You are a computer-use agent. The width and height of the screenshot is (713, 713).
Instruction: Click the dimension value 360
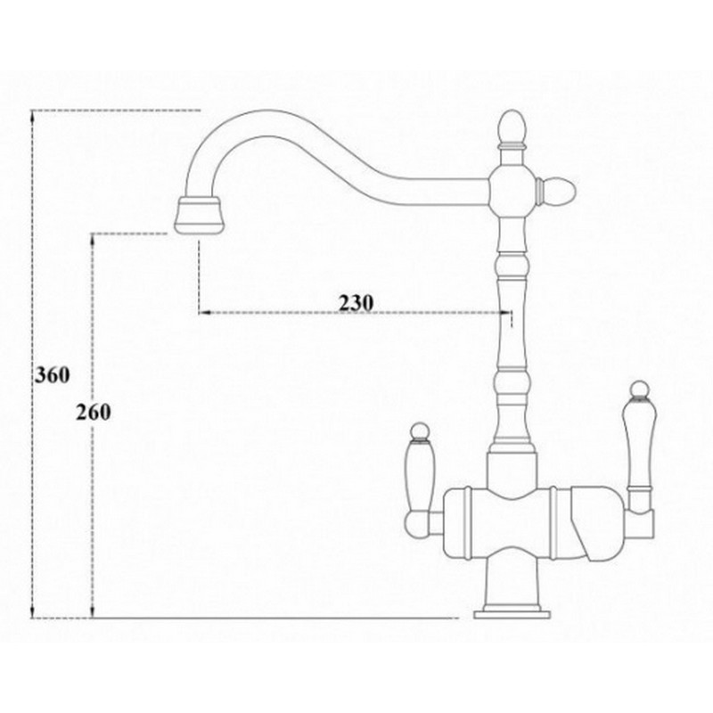click(x=53, y=375)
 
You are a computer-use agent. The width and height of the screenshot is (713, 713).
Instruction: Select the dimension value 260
click(x=94, y=413)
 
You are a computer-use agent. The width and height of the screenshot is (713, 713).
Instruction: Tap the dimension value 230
click(x=356, y=302)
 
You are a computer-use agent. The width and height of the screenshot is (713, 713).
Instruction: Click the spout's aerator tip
click(x=198, y=215)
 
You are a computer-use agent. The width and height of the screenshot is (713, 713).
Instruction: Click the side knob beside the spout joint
click(x=556, y=190)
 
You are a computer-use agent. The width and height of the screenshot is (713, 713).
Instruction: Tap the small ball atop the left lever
click(x=419, y=431)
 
